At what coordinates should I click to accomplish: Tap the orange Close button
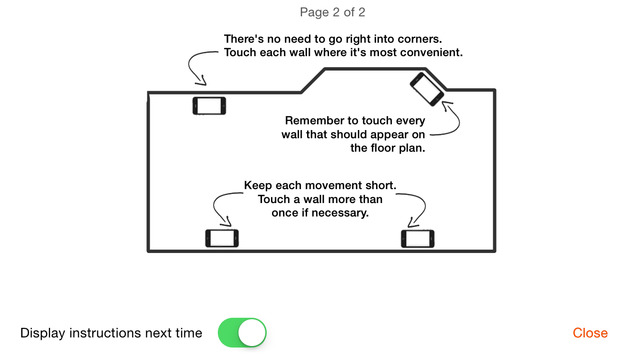click(x=590, y=333)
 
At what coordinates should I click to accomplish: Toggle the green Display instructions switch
click(x=242, y=333)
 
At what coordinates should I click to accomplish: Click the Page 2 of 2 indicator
click(x=332, y=12)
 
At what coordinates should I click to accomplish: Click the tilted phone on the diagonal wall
click(x=427, y=89)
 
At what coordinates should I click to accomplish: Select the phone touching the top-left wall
click(x=209, y=106)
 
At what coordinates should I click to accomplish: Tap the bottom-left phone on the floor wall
click(x=222, y=238)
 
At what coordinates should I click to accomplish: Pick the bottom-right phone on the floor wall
click(x=418, y=239)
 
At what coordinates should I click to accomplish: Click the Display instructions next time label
click(x=111, y=333)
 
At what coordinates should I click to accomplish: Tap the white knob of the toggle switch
click(x=252, y=333)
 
